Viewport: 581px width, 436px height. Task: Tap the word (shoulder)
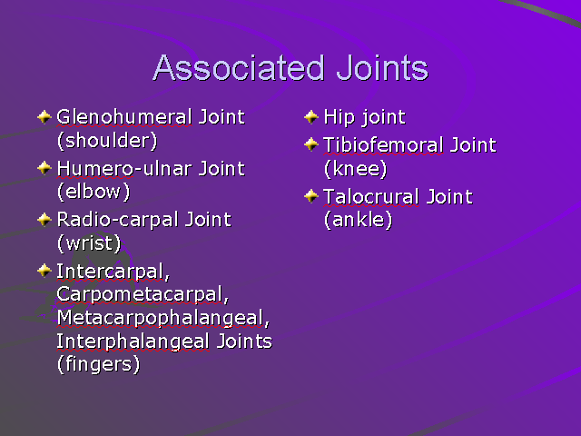[106, 140]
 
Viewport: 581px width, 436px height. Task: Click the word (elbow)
[94, 192]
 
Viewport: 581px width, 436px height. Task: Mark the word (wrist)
[89, 243]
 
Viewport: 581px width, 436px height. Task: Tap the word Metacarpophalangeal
[162, 318]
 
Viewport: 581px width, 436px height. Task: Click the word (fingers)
[98, 364]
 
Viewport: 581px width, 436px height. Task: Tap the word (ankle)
[358, 220]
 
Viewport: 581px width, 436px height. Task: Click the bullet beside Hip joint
[311, 116]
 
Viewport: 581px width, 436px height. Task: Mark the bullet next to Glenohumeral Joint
[44, 116]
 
